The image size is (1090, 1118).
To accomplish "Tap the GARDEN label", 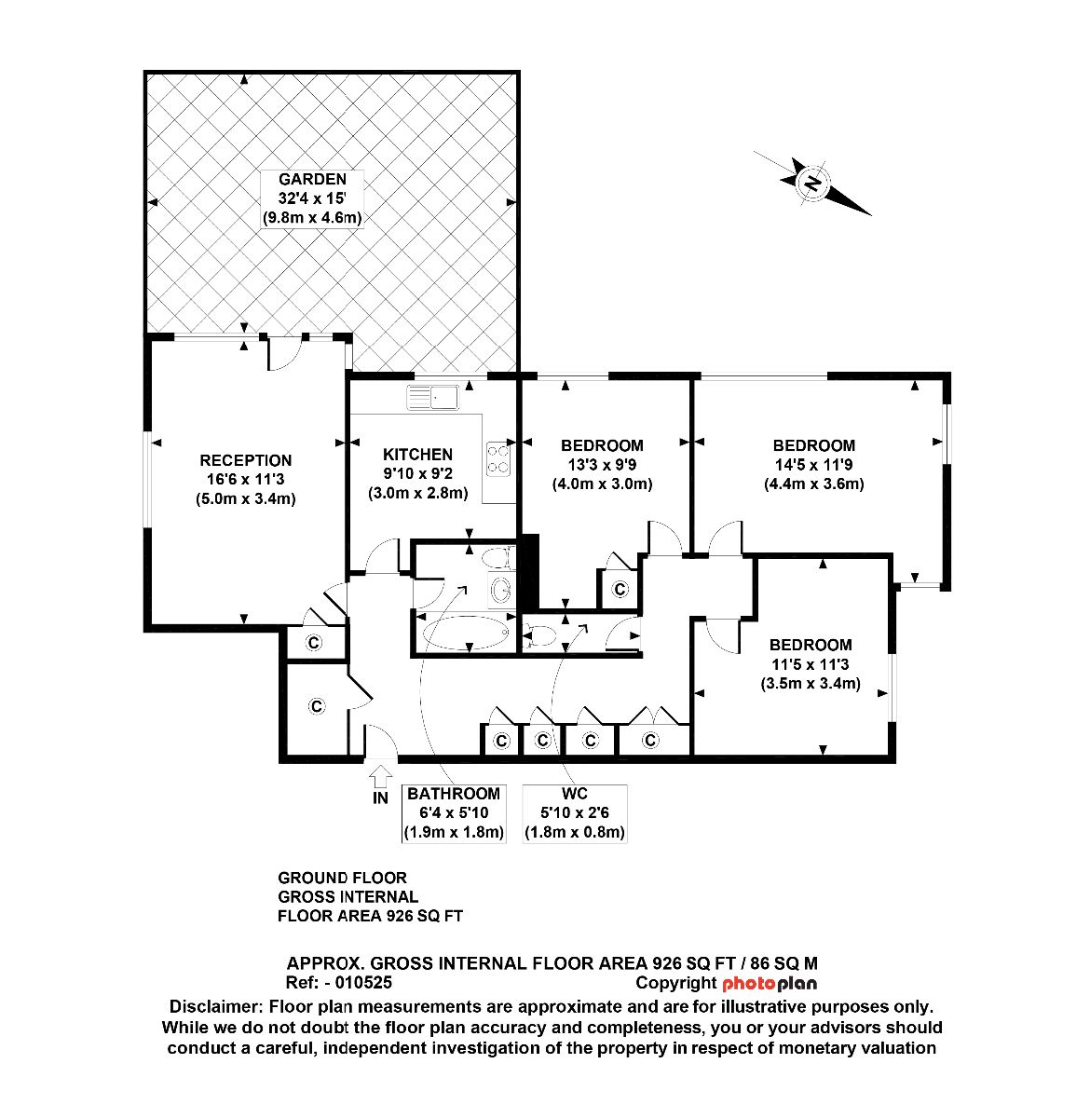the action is (x=312, y=179).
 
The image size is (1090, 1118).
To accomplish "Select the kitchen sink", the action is (x=433, y=398).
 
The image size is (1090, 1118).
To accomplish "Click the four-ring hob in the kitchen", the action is (x=497, y=459).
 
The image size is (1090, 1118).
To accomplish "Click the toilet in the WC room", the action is (x=539, y=635).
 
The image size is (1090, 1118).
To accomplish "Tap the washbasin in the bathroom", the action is (x=501, y=589).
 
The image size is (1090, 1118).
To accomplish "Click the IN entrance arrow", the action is (x=380, y=777).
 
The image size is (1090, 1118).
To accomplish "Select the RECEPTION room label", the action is (x=245, y=460).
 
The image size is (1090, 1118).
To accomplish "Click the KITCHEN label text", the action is (x=417, y=455).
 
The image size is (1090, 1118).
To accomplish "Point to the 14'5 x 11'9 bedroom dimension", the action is (x=813, y=464).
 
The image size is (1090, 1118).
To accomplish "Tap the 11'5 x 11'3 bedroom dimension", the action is (x=811, y=664).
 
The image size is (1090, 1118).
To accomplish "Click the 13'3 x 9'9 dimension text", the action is (x=602, y=464).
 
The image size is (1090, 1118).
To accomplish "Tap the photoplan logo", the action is (x=770, y=984).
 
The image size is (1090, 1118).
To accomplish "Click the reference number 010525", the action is (x=363, y=983).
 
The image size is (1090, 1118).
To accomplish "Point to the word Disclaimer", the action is (x=216, y=1007).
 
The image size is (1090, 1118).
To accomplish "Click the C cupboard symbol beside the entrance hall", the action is (x=317, y=706).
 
